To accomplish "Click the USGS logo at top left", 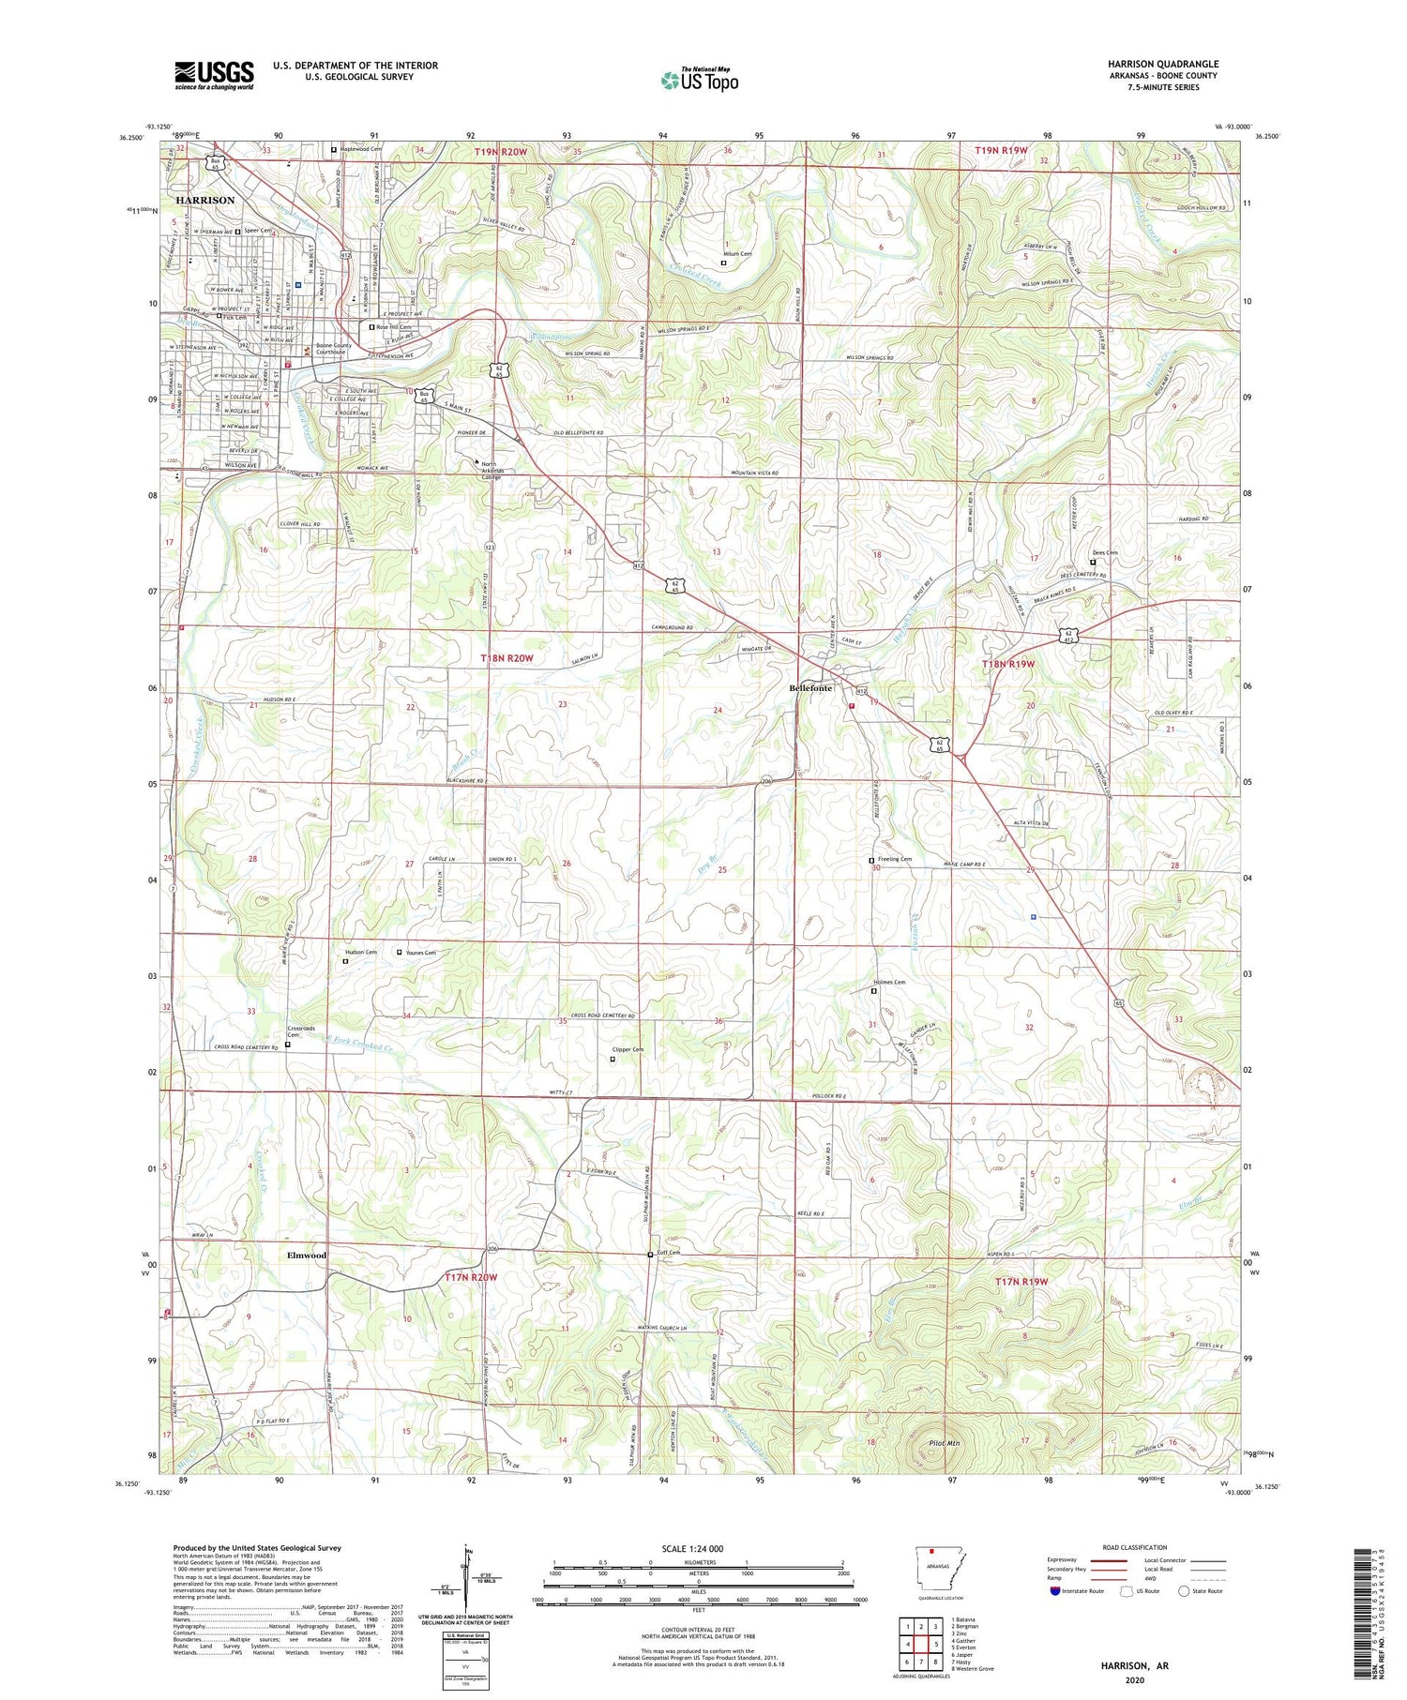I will [214, 75].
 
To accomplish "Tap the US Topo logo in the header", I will [699, 81].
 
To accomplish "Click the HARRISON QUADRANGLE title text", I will [1162, 64].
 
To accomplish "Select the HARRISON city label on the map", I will [205, 201].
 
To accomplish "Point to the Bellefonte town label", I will [810, 688].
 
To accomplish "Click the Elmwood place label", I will [307, 1255].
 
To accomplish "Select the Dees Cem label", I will [1104, 552].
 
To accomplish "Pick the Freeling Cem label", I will [895, 859].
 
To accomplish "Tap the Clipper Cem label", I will [628, 1049].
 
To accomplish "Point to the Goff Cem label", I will [668, 1253].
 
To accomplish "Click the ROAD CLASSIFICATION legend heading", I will [1135, 1548].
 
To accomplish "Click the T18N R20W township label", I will [507, 658].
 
